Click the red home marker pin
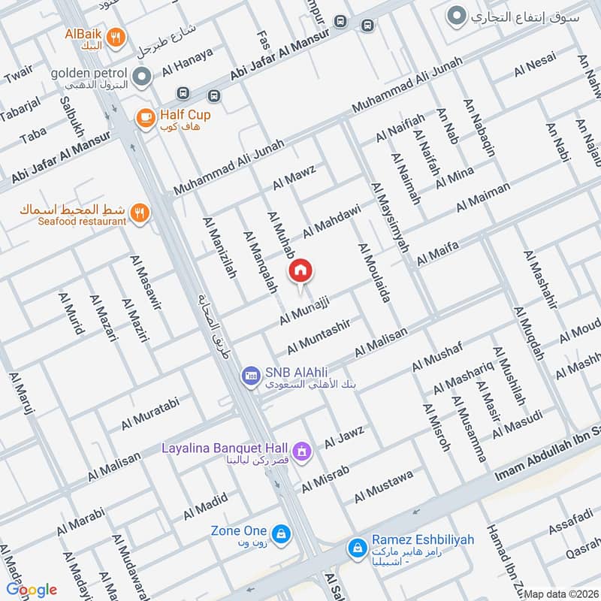300,271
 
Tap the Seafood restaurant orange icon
138,213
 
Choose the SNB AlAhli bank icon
249,374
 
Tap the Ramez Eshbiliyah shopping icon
357,548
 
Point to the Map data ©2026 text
561,594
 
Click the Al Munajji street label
305,310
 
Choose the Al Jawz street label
344,437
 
